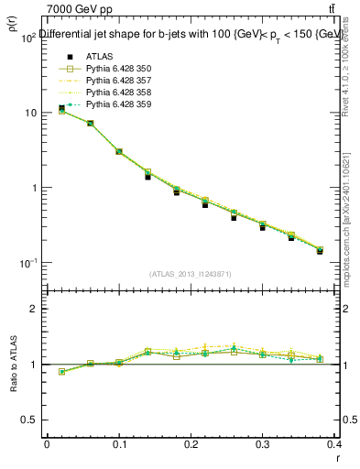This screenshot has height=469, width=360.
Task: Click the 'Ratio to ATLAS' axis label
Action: coord(14,365)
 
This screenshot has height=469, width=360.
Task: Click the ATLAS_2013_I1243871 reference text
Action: coord(191,274)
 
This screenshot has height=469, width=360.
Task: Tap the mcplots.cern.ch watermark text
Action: coord(352,211)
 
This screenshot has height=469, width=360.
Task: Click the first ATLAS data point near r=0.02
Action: coord(61,108)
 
